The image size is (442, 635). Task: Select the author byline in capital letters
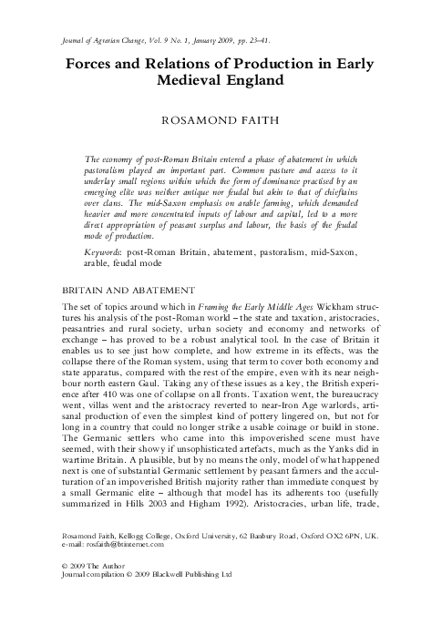coord(221,119)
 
